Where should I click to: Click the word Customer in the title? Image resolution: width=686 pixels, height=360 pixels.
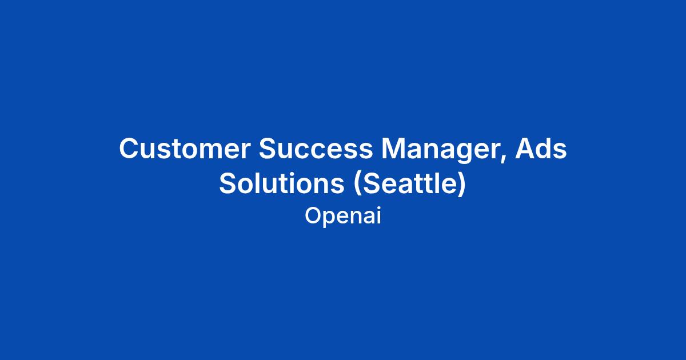tap(185, 149)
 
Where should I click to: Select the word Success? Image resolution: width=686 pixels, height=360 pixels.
tap(316, 149)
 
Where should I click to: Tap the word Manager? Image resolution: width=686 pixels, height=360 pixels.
tap(441, 150)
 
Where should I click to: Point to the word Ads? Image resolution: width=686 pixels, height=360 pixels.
tap(541, 149)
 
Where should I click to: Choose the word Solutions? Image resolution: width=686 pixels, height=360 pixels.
tap(281, 183)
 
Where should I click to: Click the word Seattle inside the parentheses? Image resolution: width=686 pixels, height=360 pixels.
tap(410, 183)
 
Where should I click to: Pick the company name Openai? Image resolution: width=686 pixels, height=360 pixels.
tap(343, 217)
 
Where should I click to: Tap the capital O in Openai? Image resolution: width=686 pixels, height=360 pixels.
tap(314, 215)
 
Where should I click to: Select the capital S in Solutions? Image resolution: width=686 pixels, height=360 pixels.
tap(228, 183)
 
